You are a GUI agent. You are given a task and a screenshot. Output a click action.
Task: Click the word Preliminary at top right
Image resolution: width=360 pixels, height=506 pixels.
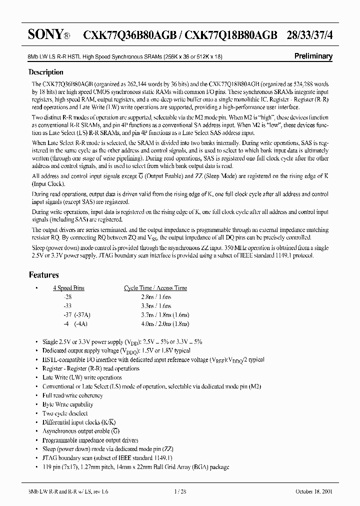tap(312, 56)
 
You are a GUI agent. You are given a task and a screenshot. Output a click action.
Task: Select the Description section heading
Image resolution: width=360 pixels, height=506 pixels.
tap(46, 72)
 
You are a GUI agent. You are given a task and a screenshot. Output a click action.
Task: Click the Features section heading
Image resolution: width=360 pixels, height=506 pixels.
tap(44, 275)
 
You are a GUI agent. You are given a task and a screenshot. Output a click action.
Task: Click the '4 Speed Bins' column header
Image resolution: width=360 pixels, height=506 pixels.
tap(69, 288)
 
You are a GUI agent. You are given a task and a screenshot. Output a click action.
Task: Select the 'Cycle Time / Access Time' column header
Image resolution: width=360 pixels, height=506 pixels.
tap(155, 288)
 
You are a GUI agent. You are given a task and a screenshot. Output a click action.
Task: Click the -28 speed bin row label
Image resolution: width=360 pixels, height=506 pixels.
tap(62, 296)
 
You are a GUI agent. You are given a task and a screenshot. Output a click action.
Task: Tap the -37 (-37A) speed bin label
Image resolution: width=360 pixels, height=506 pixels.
tap(71, 314)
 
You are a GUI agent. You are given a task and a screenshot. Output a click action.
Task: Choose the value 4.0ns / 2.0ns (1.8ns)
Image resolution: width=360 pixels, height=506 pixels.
tap(156, 323)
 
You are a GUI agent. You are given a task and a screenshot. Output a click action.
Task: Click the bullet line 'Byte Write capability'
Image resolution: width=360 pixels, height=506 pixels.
tap(68, 404)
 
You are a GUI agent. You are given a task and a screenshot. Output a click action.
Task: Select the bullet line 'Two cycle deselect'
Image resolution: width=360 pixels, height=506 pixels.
tap(65, 413)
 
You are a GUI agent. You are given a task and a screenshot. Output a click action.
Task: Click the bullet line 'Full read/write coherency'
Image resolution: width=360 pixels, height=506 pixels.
tap(73, 395)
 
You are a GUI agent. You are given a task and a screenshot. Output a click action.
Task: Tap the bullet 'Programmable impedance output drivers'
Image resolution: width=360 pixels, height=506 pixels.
tap(90, 440)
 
